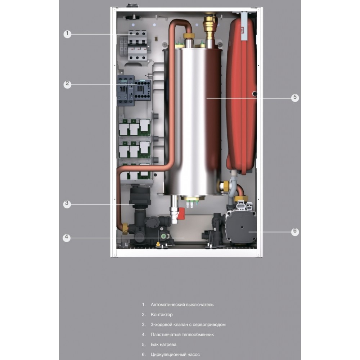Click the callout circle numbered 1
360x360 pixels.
[x=67, y=34]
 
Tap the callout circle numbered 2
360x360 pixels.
[x=67, y=84]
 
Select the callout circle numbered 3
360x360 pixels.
[x=66, y=204]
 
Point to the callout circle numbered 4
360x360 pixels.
[x=66, y=238]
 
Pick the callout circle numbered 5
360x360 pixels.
[x=295, y=97]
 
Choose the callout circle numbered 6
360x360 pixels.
[x=295, y=231]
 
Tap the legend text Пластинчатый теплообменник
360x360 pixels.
[x=182, y=334]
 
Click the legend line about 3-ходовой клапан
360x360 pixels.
[x=188, y=325]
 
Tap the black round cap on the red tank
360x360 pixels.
[x=255, y=94]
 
